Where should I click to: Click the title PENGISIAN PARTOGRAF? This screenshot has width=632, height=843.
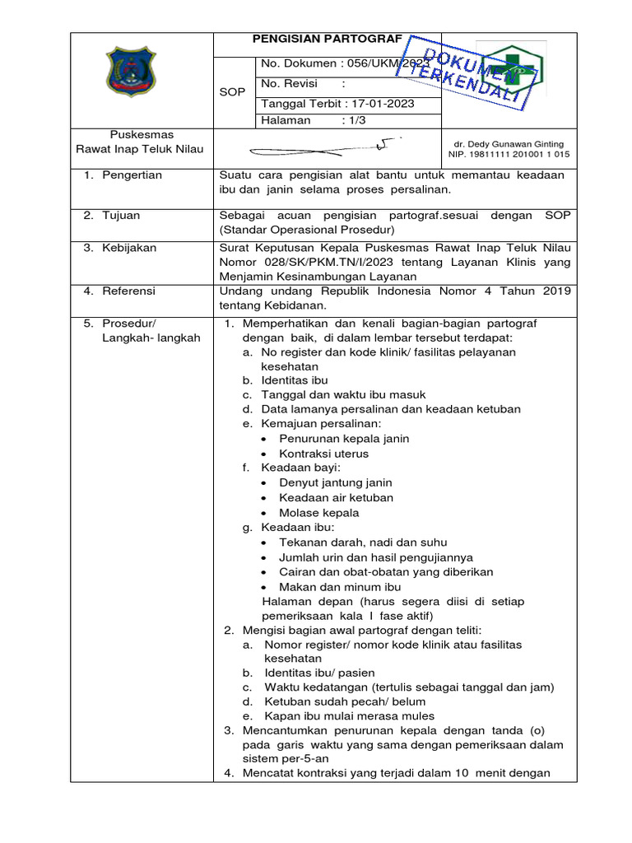pos(327,39)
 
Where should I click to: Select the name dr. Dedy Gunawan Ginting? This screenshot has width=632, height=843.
pos(508,144)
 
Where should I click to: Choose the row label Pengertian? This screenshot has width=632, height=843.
pos(132,175)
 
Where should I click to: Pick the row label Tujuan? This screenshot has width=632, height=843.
pos(121,216)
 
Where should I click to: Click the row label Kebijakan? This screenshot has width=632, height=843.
pos(128,248)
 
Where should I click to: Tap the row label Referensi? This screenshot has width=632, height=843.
pos(128,291)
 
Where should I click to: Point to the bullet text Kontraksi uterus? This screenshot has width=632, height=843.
pos(323,454)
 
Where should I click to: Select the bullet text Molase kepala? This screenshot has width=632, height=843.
pos(318,513)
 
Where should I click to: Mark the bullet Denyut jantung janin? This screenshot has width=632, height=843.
pos(335,483)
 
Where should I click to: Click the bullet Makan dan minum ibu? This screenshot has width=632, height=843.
pos(340,587)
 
